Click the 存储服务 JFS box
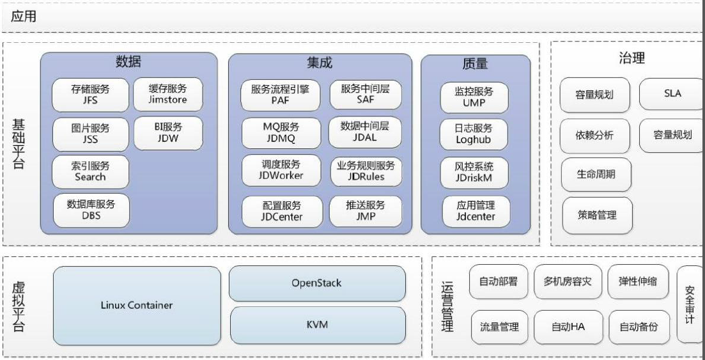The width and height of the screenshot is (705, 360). tap(90, 95)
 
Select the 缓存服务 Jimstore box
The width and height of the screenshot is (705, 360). tap(168, 94)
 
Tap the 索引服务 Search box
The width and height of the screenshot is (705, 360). tap(90, 171)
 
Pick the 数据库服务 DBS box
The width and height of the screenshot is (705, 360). tap(91, 210)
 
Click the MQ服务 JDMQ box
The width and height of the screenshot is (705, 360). tap(281, 133)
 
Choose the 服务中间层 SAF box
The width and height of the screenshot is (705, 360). tap(366, 95)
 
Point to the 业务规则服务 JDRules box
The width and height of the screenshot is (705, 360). tap(366, 171)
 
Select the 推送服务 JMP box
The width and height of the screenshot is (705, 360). tap(366, 211)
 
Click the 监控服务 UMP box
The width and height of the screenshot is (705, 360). tap(474, 97)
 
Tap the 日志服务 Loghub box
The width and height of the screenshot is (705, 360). tap(474, 134)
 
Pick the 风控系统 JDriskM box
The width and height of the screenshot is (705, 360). tap(474, 173)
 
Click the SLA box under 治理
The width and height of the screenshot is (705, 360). tap(672, 93)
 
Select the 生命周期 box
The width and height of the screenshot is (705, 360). tap(596, 174)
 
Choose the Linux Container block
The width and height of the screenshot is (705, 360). tap(137, 306)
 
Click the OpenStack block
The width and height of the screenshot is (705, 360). tap(317, 283)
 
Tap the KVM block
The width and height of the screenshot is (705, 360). tap(318, 325)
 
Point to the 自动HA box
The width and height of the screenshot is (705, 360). tap(568, 327)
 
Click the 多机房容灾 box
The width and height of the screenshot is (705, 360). tap(568, 282)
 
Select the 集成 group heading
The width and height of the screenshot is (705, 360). tap(320, 63)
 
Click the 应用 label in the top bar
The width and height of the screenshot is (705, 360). tap(24, 17)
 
